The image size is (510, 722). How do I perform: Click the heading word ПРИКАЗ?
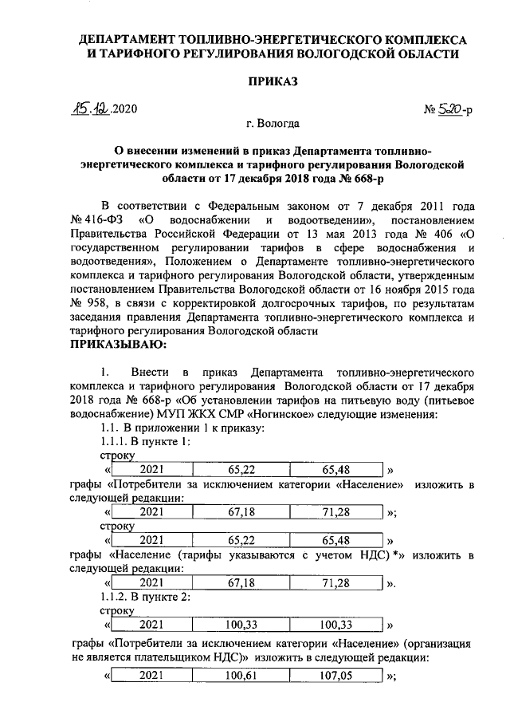pos(273,82)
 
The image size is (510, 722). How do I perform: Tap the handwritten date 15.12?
pos(91,109)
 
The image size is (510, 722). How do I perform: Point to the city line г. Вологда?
pos(273,124)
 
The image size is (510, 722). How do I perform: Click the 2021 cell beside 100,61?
pos(152,675)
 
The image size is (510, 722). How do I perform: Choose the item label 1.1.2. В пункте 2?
pos(144,597)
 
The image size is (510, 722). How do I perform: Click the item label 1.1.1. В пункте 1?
pos(144,442)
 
